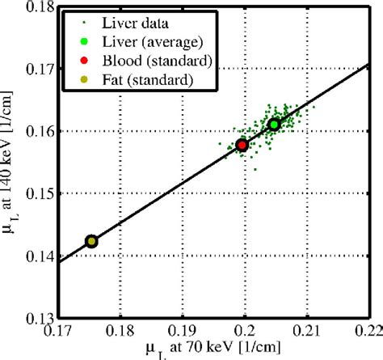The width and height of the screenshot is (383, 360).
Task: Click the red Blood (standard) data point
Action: tap(242, 146)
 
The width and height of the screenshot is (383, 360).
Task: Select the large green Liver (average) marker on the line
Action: tap(275, 124)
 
